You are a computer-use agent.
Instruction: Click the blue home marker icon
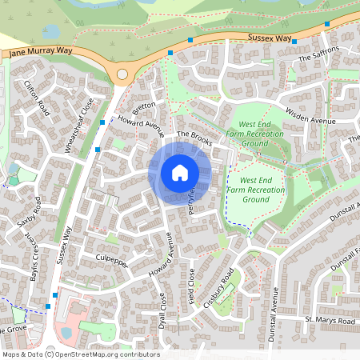pos(180,173)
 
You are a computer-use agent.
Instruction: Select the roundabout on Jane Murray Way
pos(122,74)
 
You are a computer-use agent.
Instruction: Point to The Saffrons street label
pos(318,54)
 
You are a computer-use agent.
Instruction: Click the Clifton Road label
pos(37,98)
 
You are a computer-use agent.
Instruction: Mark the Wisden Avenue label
pos(312,119)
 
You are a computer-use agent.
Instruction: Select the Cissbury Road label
pos(223,288)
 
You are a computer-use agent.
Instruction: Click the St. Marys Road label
pos(329,321)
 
